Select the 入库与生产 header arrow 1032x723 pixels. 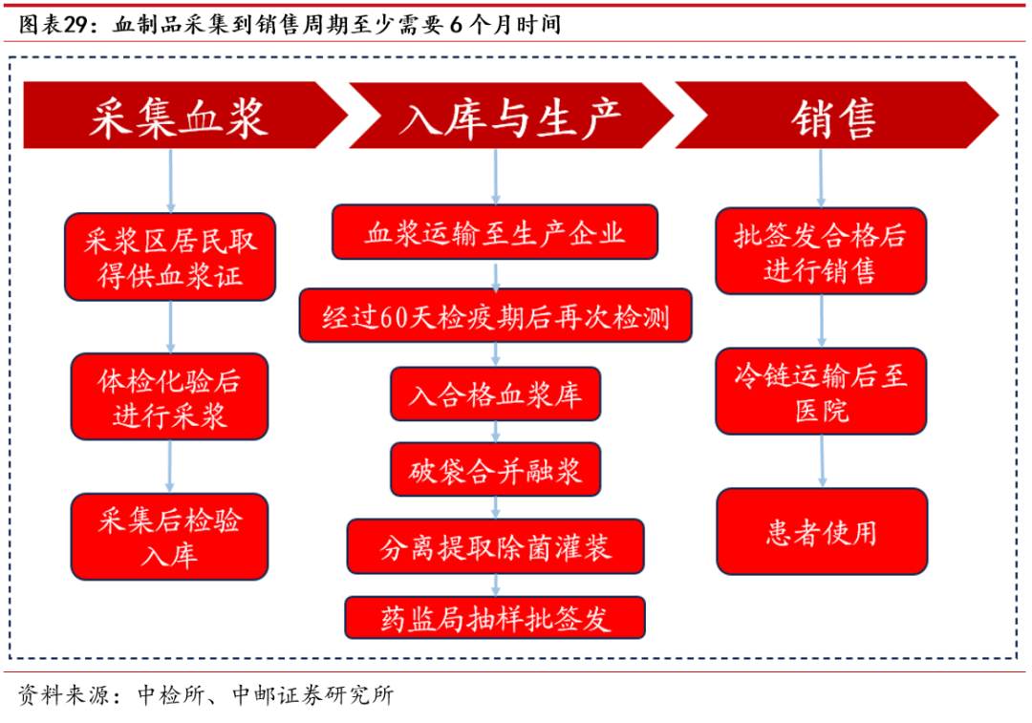point(510,116)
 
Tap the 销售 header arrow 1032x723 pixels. point(836,116)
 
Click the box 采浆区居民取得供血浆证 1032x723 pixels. point(170,257)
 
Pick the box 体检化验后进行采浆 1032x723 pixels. point(170,396)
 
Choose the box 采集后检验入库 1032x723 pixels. point(170,537)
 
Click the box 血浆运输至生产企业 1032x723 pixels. point(495,232)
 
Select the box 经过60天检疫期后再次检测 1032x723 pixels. point(496,316)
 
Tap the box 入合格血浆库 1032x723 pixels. point(496,394)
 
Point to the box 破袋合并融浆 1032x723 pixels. point(496,470)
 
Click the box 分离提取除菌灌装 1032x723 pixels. point(496,546)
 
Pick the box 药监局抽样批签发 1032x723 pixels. point(495,618)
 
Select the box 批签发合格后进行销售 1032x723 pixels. point(821,250)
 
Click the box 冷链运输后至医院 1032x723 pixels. point(821,392)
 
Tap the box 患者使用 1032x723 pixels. point(822,532)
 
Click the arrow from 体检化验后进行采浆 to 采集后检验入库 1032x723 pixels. point(170,466)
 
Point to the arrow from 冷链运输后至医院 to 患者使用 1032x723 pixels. point(822,461)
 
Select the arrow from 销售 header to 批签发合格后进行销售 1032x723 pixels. point(821,179)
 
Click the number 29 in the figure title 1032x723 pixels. point(75,25)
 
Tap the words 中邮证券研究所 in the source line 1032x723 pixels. point(312,694)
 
